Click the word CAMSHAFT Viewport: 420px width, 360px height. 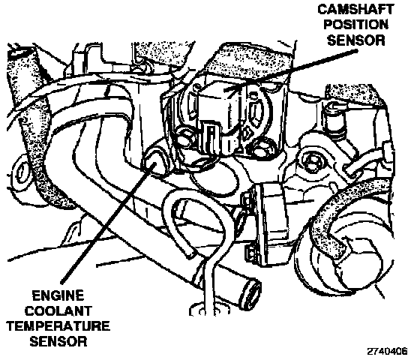(x=355, y=9)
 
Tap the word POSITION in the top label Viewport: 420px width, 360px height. (x=356, y=25)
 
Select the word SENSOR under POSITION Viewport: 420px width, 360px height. (x=356, y=40)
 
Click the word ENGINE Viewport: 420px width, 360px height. (x=58, y=296)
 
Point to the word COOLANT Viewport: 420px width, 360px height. (x=58, y=311)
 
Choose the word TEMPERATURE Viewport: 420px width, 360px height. (x=58, y=326)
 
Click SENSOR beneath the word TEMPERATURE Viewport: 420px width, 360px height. (x=58, y=342)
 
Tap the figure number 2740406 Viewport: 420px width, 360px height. (x=387, y=351)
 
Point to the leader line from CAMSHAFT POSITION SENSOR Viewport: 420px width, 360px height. (x=291, y=69)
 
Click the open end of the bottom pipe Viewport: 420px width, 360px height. (x=253, y=294)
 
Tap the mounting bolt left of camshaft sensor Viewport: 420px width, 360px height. (x=184, y=135)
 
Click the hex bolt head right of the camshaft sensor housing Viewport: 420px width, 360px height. (x=310, y=161)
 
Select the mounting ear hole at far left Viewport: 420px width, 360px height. (x=21, y=173)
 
